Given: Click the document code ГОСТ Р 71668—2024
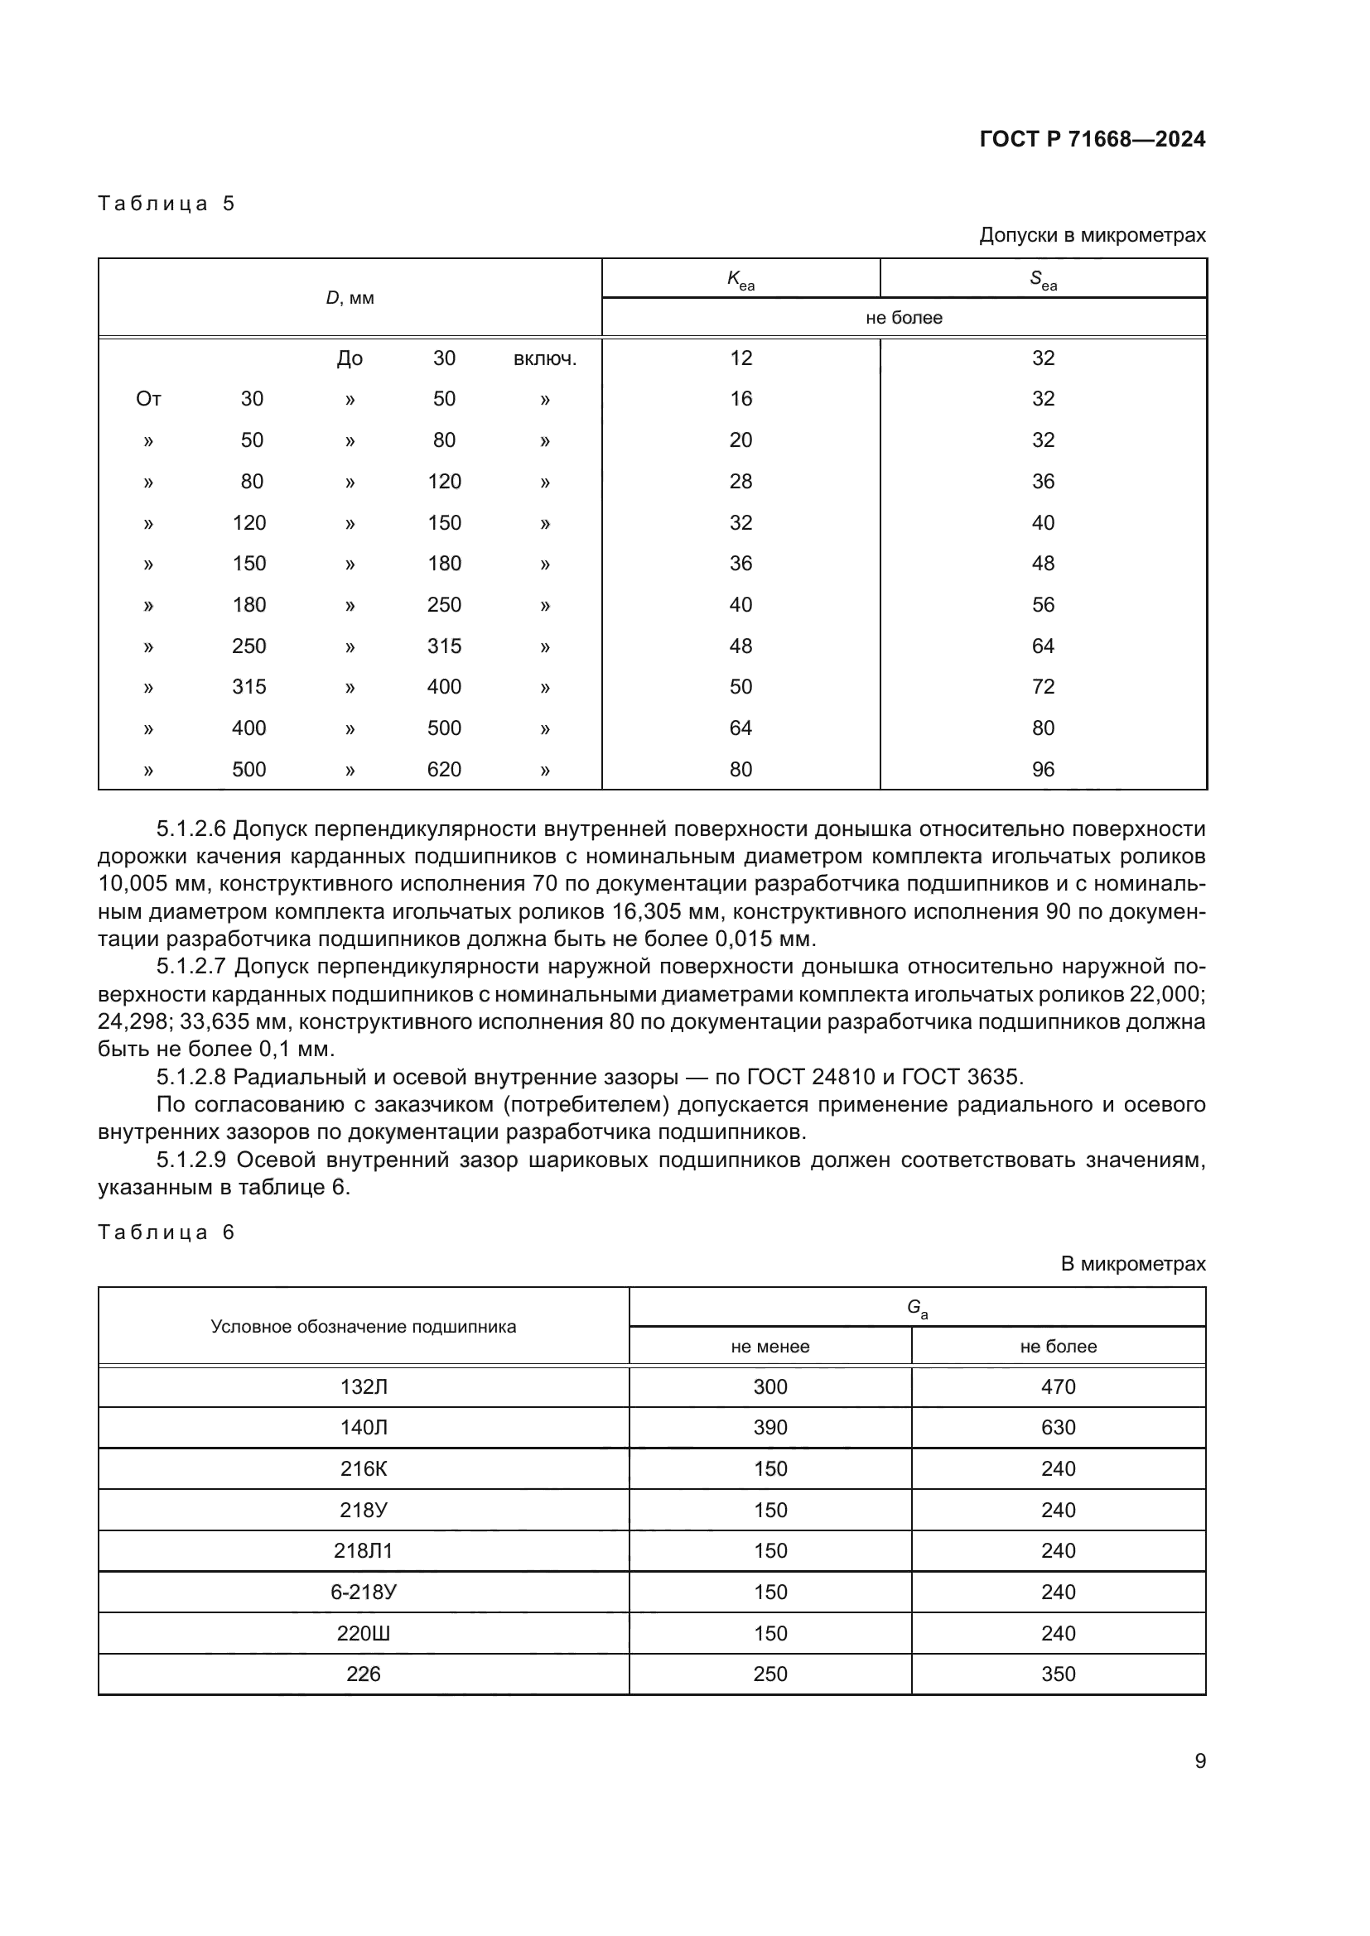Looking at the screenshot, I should (1092, 139).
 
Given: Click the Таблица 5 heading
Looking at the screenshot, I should (166, 204).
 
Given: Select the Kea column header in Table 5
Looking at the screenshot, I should (740, 279).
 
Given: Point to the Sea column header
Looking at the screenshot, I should (1043, 279).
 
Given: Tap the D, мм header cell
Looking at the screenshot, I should (350, 299).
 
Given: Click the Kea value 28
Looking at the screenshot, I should (740, 482).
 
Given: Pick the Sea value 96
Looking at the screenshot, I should (1043, 769).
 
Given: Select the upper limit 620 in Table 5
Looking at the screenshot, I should (444, 769).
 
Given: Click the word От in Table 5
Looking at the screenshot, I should (148, 399).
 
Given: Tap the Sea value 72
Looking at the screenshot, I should (1043, 686).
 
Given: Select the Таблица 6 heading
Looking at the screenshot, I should (166, 1232).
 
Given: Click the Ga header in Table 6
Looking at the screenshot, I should (917, 1308).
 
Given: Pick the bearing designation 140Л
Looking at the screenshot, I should (363, 1428).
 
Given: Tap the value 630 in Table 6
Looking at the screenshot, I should (1058, 1428).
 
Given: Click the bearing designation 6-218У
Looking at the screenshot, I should (363, 1592).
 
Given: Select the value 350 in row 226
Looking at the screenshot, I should (1058, 1674).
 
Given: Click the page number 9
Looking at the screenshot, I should (1199, 1761).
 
